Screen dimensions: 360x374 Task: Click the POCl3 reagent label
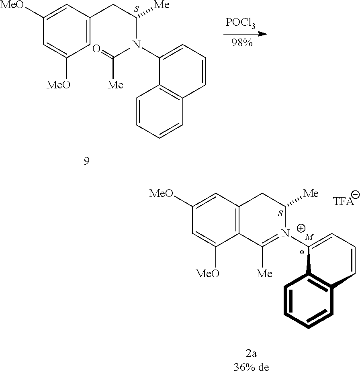pos(241,23)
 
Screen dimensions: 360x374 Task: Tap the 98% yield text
pos(241,43)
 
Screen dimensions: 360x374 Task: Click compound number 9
pos(87,161)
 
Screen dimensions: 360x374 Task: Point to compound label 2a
pos(251,353)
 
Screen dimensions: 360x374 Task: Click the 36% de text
pos(251,367)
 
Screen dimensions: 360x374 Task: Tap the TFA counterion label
pos(343,202)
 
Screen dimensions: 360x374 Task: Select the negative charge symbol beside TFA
pos(356,194)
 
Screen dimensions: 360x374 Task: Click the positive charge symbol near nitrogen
pos(301,228)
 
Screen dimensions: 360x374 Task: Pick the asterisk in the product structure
pos(302,253)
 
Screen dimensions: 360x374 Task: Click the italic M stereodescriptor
pos(309,237)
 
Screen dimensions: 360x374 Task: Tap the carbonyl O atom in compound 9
pos(96,49)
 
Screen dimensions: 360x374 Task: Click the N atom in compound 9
pos(136,44)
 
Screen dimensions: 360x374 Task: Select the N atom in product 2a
pos(285,233)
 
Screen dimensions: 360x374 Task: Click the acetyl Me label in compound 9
pos(115,84)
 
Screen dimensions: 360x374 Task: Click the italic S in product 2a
pos(280,213)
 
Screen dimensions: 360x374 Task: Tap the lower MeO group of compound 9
pos(58,84)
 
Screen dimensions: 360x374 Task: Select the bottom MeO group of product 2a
pos(207,273)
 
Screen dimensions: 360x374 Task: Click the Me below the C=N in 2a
pos(264,273)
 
